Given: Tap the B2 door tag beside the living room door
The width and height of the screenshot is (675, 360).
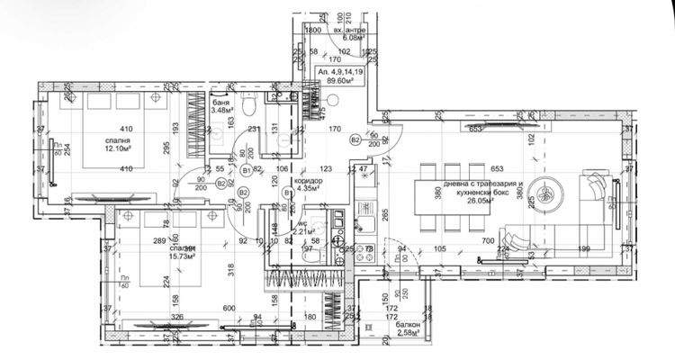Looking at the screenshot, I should click(x=356, y=139).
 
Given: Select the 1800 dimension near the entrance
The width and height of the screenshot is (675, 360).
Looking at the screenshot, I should click(x=314, y=31).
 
